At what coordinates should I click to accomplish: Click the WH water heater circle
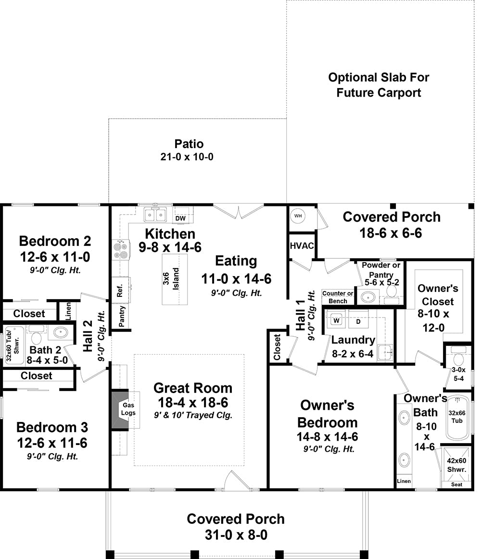298,216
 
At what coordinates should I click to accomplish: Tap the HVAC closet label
302,246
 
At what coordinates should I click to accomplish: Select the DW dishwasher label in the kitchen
180,218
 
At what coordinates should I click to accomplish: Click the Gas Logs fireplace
128,409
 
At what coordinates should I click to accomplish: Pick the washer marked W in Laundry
337,320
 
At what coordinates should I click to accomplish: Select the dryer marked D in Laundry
358,320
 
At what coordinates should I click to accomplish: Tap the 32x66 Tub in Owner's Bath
457,417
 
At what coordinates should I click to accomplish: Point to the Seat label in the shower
457,484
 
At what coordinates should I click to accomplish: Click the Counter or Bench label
338,297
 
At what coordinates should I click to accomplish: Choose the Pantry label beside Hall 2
122,317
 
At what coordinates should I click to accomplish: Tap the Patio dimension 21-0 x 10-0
189,157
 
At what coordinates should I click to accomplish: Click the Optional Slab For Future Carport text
379,85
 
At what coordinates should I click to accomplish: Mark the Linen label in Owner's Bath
404,481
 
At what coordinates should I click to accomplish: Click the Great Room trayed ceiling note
192,415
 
